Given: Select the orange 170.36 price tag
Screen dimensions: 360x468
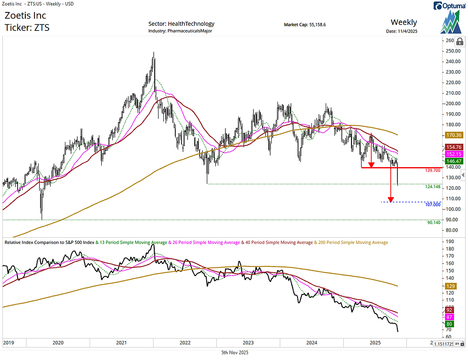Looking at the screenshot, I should coord(452,136).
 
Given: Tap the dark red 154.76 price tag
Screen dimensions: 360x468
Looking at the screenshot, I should coord(452,147).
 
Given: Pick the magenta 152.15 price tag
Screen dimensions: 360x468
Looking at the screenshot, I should coord(452,154).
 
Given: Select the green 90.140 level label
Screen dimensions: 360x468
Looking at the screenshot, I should coord(433,222).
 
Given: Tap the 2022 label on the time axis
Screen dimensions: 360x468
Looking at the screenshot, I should coord(185,343).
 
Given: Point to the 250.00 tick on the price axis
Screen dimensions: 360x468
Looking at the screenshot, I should coord(453,51).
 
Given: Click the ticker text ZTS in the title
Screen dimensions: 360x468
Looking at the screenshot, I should coord(41,28).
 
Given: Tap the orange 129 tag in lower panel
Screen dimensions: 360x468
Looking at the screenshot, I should coord(449,286).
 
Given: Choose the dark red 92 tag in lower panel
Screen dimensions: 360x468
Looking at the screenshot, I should coord(449,310).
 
